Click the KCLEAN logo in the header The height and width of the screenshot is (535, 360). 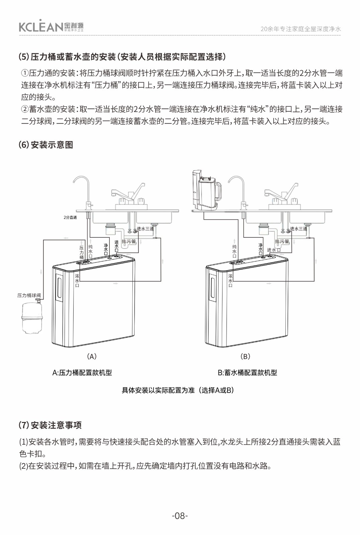point(51,26)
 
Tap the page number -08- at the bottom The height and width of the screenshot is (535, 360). point(180,516)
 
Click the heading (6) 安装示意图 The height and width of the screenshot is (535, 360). point(46,145)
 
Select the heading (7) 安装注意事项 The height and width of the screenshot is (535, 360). point(50,425)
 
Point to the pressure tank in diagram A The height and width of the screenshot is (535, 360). point(32,318)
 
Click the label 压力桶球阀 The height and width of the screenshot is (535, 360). point(29,295)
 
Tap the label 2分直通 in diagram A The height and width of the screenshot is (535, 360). point(70,217)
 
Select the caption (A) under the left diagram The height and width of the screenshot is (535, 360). point(92,356)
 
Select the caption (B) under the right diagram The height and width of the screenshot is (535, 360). point(245,356)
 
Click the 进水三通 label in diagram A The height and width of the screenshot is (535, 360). point(145,229)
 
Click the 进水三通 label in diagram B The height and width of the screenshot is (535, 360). point(298,229)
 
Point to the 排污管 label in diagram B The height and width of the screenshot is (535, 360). point(282,241)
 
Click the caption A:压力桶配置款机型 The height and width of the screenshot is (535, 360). point(82,372)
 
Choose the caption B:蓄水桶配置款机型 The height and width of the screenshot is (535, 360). point(247,372)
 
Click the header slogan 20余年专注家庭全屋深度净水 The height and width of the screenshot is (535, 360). point(300,29)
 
